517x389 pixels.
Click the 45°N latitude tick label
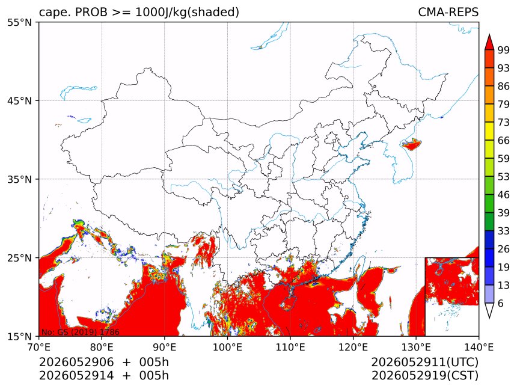19,100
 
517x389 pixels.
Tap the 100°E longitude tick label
227,347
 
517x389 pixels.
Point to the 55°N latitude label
19,22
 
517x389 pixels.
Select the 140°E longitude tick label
479,347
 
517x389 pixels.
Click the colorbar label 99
504,50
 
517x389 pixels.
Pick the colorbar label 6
501,303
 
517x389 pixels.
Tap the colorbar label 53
504,177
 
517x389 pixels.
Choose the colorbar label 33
504,231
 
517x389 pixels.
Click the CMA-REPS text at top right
448,12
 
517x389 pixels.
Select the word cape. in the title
55,13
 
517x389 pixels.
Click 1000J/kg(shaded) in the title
188,13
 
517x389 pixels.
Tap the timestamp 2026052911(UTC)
425,362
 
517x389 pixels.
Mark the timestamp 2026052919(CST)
425,376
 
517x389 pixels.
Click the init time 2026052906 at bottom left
76,362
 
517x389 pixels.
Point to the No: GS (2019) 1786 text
80,332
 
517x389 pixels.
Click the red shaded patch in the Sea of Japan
411,144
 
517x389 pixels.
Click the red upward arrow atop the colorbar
489,41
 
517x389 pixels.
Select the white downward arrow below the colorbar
489,311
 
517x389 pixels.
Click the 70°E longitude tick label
39,347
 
